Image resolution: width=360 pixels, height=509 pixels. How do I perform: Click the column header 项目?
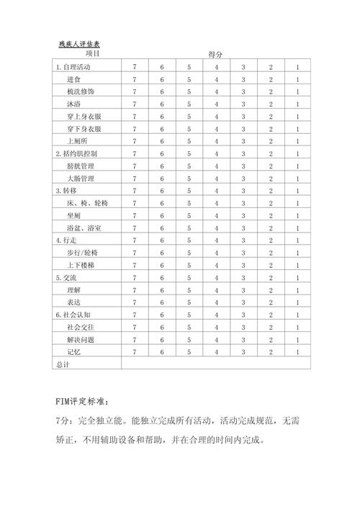point(92,54)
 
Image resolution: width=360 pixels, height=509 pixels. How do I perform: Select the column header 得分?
point(215,55)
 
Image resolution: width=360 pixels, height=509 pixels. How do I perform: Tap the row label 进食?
point(73,79)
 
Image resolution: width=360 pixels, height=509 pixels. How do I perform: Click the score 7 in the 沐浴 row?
point(135,104)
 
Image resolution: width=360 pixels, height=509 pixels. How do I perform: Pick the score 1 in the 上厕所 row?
point(297,141)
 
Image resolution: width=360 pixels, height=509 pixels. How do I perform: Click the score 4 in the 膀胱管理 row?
point(216,166)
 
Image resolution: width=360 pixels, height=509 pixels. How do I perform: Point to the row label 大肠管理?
point(80,179)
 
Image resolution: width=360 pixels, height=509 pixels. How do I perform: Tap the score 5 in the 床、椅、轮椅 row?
point(189,203)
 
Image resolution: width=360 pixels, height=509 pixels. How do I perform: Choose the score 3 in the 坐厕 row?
point(243,215)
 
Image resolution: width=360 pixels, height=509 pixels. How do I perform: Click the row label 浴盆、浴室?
point(84,228)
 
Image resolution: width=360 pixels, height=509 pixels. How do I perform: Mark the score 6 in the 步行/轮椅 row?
point(162,253)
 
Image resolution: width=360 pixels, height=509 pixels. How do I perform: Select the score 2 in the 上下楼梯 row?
point(270,265)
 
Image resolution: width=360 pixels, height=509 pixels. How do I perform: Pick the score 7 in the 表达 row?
point(135,302)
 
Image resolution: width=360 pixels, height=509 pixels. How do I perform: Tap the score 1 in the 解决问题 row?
point(297,339)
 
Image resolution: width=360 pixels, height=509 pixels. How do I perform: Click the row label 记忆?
point(73,352)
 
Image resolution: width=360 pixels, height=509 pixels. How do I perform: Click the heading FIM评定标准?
point(84,400)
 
